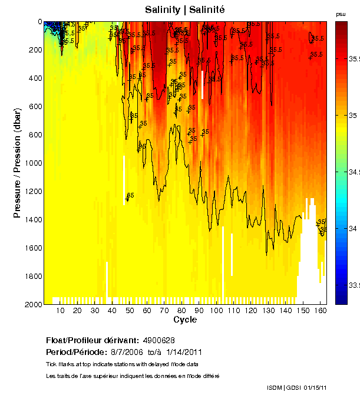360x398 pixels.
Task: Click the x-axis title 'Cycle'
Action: coord(185,320)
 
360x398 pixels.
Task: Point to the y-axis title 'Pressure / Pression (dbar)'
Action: coord(17,163)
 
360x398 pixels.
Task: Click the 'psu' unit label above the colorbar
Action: coord(341,14)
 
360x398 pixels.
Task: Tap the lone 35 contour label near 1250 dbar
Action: coord(130,195)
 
